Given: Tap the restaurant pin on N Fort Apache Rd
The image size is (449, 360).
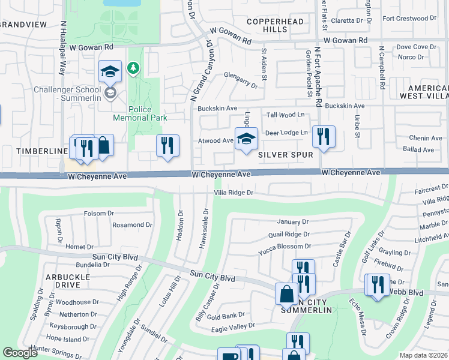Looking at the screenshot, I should (x=324, y=137).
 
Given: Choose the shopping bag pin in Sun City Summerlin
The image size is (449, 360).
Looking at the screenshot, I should (x=286, y=294).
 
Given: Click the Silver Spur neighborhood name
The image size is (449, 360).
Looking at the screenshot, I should (x=286, y=154).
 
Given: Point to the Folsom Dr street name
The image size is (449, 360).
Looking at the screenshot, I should (x=99, y=213).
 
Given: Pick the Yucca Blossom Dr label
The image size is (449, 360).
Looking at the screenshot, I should (x=285, y=246).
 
